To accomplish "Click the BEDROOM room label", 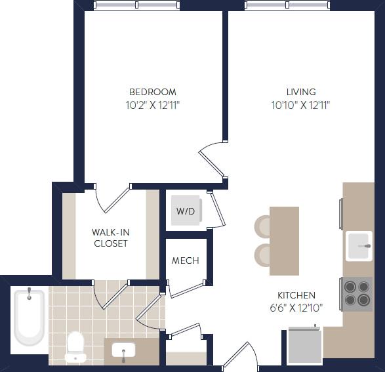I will click(152, 92).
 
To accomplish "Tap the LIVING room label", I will click(300, 92).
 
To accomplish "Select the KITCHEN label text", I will click(296, 295).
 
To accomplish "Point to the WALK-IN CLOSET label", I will click(110, 238).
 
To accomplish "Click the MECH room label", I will click(185, 260).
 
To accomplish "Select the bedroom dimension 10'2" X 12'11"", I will click(152, 105).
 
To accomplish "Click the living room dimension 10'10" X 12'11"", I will click(300, 105).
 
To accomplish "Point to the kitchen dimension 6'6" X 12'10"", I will click(296, 308).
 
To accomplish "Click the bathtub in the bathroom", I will click(29, 317).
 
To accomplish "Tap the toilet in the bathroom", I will click(75, 346).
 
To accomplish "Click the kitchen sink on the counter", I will click(359, 246).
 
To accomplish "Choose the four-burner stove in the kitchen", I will click(357, 293).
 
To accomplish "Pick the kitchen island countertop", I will click(284, 240).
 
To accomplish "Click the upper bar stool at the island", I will click(263, 226).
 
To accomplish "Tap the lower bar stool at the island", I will click(263, 255).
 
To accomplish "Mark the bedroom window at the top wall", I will click(136, 5).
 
